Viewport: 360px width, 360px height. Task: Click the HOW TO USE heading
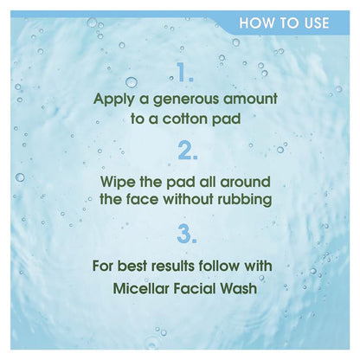click(x=284, y=23)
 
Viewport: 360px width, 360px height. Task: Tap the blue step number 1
click(x=184, y=73)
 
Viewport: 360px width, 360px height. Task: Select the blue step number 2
click(x=188, y=151)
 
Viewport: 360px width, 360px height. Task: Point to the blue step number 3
click(x=187, y=235)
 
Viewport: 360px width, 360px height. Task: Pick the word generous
click(x=186, y=100)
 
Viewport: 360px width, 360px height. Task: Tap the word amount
click(x=250, y=99)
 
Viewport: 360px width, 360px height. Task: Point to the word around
click(x=245, y=183)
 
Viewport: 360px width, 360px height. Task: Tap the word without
click(x=189, y=199)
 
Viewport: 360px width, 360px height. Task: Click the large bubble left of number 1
click(x=132, y=82)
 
